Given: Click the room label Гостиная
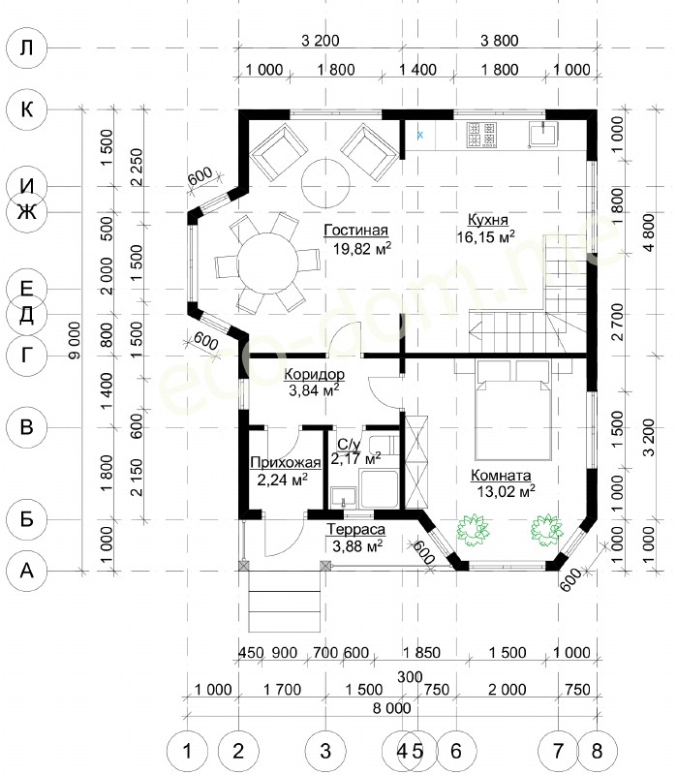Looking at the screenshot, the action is (355, 231).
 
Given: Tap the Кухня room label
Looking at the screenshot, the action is (488, 220).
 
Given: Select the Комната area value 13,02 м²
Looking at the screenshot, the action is (506, 491).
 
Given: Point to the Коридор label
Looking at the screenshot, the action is (314, 374).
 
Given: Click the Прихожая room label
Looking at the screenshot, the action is (286, 463).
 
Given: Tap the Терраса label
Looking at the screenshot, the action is (355, 529).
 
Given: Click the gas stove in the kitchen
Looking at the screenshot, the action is (480, 135).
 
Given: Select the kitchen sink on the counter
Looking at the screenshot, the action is (542, 135).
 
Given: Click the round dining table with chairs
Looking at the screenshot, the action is (267, 263).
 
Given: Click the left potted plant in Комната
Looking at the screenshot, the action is (473, 529).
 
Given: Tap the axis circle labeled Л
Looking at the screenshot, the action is (27, 47).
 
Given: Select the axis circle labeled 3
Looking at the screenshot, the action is (325, 751).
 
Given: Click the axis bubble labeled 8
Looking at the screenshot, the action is (597, 751).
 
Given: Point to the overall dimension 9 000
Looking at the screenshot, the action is (75, 340).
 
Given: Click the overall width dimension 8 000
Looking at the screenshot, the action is (392, 708).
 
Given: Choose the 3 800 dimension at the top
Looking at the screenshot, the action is (500, 41).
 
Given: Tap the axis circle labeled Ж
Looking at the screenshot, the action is (27, 212).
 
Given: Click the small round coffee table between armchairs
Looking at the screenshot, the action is (325, 183).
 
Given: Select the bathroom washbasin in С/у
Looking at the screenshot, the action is (344, 498).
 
